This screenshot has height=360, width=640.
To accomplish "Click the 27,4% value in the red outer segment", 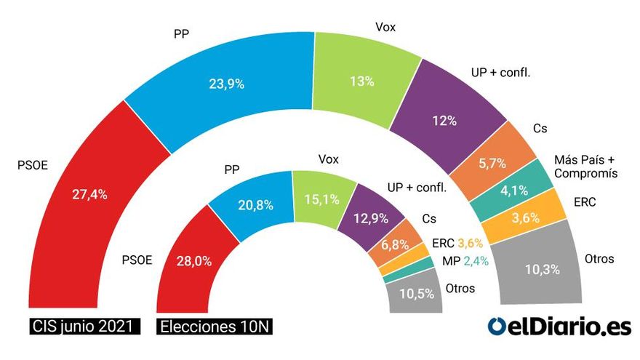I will tap(91, 194).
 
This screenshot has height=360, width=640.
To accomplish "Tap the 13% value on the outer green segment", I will tap(361, 81).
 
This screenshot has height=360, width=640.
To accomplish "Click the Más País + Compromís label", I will tap(585, 167).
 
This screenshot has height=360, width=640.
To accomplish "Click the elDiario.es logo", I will tap(559, 327).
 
